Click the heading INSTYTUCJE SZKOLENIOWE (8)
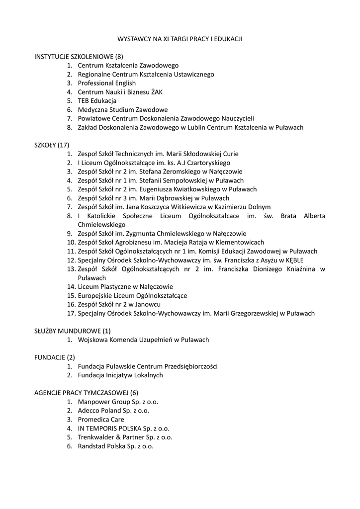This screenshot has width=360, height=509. tap(78, 57)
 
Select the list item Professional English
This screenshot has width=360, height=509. tap(106, 83)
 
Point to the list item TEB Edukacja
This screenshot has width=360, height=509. tap(97, 101)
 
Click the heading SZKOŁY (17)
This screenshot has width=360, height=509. tap(52, 145)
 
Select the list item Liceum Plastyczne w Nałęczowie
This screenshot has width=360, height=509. tap(125, 287)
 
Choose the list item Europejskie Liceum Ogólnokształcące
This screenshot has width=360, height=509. tap(132, 296)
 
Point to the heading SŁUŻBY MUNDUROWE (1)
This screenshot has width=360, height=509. tap(73, 331)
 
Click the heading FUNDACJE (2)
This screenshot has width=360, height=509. tap(55, 357)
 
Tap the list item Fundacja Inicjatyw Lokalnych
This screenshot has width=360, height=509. tap(120, 375)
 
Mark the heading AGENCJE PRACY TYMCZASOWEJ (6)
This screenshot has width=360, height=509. tap(87, 393)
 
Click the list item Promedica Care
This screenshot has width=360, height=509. tap(101, 420)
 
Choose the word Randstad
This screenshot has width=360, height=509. tap(91, 446)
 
